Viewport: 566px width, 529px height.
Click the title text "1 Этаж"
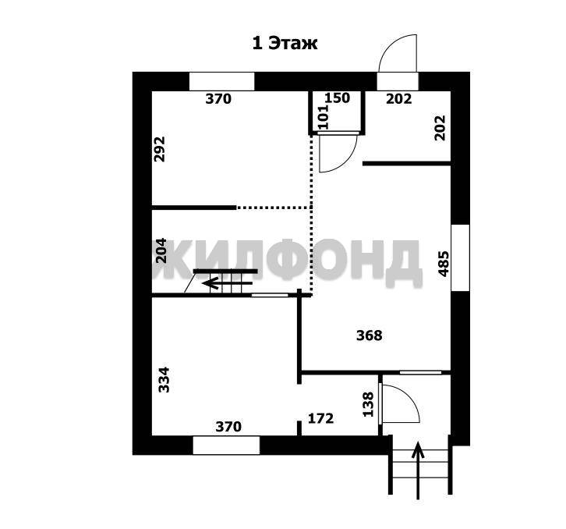click(x=285, y=44)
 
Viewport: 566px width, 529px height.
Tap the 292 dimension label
click(x=159, y=149)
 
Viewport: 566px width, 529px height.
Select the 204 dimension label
click(x=161, y=250)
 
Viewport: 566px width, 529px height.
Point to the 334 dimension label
click(x=164, y=380)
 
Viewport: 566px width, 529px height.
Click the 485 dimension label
click(x=444, y=264)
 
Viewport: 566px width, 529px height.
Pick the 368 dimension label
click(x=370, y=336)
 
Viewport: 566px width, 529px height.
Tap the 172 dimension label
click(x=321, y=418)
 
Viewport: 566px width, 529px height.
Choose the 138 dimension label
click(x=368, y=405)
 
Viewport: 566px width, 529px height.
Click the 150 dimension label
click(x=337, y=98)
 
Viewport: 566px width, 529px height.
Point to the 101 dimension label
click(x=324, y=117)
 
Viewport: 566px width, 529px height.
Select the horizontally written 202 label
click(x=399, y=98)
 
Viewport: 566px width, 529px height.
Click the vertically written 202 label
click(x=440, y=128)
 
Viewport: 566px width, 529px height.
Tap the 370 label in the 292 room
click(x=218, y=98)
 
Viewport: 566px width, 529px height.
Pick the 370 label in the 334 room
click(x=228, y=427)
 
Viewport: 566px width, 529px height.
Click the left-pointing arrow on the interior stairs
click(x=227, y=283)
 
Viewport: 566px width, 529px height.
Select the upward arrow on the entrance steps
click(x=418, y=470)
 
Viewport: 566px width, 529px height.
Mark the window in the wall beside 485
click(x=460, y=257)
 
